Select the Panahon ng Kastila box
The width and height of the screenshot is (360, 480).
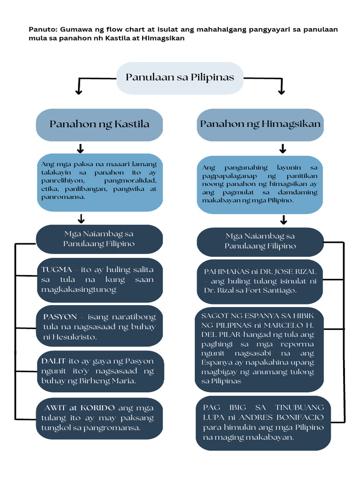pos(99,124)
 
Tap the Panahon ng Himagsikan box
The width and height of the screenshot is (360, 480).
pos(260,124)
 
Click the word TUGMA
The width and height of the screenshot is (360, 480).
pos(56,270)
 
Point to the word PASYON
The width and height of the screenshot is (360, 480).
pos(60,317)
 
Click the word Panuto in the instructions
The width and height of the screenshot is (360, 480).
pos(40,30)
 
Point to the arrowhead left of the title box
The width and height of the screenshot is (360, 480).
pos(79,91)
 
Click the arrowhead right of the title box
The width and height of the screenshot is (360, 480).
pos(282,91)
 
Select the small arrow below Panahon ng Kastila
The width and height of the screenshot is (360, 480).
pos(80,149)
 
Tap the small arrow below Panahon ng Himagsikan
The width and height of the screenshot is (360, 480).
pos(283,149)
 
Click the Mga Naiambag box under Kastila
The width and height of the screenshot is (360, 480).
pos(99,239)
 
